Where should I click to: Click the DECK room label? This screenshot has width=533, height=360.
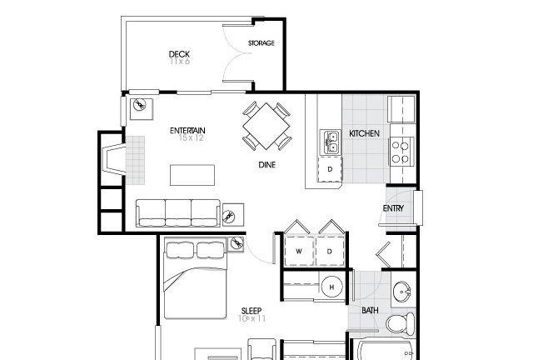(x=179, y=54)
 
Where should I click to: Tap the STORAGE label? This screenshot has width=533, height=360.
(x=261, y=43)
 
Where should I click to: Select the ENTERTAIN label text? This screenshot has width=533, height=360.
(x=187, y=131)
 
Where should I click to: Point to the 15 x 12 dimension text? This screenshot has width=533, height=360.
(x=191, y=137)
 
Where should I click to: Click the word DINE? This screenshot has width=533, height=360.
(x=266, y=165)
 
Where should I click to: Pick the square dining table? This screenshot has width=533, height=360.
(x=266, y=126)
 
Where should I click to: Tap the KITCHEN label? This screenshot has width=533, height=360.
(x=364, y=133)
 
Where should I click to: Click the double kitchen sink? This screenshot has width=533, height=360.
(x=330, y=142)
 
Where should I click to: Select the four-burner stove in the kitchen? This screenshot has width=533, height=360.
(x=401, y=152)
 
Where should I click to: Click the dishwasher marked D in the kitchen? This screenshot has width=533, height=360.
(x=330, y=169)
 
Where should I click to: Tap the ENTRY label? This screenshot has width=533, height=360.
(x=393, y=208)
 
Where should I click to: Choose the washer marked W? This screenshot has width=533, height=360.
(x=299, y=252)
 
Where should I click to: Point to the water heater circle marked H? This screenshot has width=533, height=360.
(x=331, y=287)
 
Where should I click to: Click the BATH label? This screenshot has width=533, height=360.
(x=370, y=310)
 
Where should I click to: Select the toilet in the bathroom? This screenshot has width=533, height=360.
(x=401, y=323)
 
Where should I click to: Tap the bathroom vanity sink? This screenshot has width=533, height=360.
(x=402, y=292)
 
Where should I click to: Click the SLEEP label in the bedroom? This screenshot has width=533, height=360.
(x=252, y=311)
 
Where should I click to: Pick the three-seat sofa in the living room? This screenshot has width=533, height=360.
(x=177, y=213)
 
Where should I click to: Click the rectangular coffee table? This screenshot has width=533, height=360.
(x=192, y=175)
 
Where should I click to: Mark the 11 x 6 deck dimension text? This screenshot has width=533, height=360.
(x=180, y=61)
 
